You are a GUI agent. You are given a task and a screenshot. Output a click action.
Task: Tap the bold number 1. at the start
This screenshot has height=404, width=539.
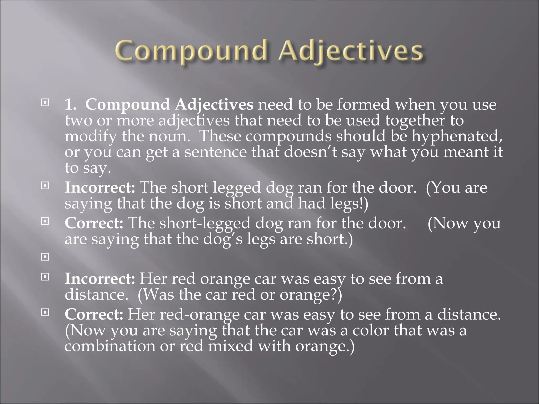point(71,105)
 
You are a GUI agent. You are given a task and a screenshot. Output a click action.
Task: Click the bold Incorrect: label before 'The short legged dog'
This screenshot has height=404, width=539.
point(100,188)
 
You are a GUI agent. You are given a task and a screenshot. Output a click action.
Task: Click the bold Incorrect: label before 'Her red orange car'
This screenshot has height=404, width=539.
point(100,279)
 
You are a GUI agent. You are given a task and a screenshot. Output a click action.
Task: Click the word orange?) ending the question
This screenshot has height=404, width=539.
point(311,295)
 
